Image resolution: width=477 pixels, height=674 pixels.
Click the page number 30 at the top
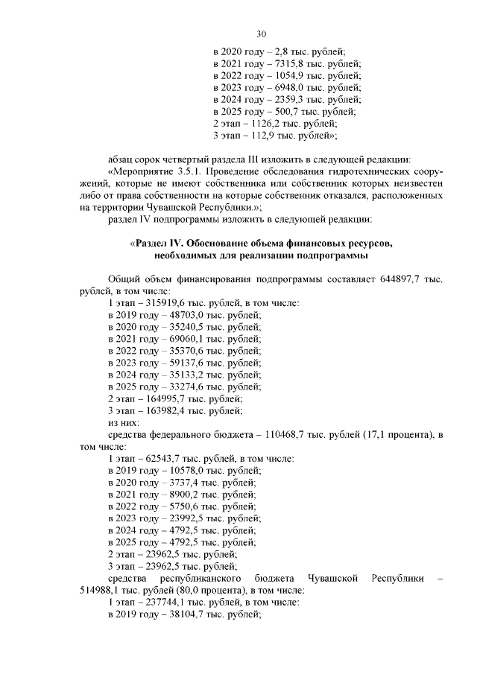pyautogui.click(x=261, y=34)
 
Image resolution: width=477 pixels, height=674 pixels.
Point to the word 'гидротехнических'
pyautogui.click(x=351, y=172)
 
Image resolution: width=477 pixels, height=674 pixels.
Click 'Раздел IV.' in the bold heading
pyautogui.click(x=159, y=244)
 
